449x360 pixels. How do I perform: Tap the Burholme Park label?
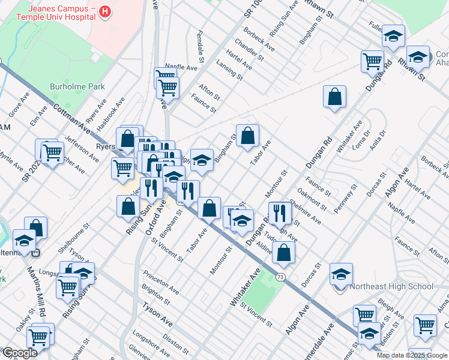pyautogui.click(x=77, y=86)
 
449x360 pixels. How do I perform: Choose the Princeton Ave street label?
pyautogui.click(x=161, y=282)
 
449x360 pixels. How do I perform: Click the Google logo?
pyautogui.click(x=20, y=353)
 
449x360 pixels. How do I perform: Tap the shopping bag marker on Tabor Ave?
pyautogui.click(x=247, y=136)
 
